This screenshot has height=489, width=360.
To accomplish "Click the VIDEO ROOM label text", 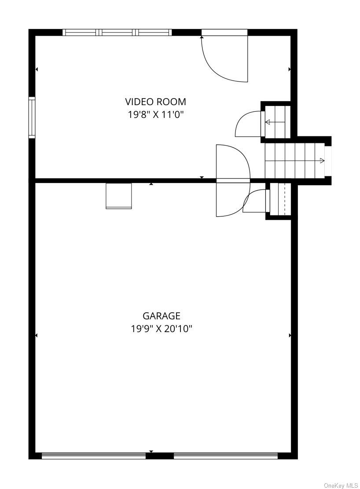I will (x=156, y=102).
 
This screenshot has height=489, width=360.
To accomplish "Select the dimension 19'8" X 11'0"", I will (x=156, y=115).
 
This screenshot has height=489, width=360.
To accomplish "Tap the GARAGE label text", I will (x=162, y=316).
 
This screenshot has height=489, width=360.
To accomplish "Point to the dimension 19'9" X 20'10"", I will (x=162, y=328).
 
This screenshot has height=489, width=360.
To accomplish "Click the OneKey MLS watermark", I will (x=341, y=485).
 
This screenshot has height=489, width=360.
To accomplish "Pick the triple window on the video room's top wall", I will (x=117, y=32).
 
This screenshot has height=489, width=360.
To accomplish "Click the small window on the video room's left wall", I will (x=32, y=118).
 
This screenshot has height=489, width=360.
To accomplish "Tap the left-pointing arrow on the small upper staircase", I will (x=268, y=122).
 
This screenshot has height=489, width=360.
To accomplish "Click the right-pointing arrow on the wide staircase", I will (x=322, y=161).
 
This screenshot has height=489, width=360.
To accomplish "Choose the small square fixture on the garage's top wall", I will (x=119, y=196).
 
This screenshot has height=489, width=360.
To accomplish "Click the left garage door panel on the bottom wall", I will (x=94, y=456).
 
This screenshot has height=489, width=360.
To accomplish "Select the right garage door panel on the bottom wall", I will (x=226, y=456).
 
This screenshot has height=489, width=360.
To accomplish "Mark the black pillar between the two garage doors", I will (x=160, y=456).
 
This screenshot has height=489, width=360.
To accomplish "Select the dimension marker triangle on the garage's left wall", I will (x=36, y=336).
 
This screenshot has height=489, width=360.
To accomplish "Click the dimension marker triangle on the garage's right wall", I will (x=290, y=336).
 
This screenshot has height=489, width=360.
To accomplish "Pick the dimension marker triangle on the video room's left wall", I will (x=37, y=69).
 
